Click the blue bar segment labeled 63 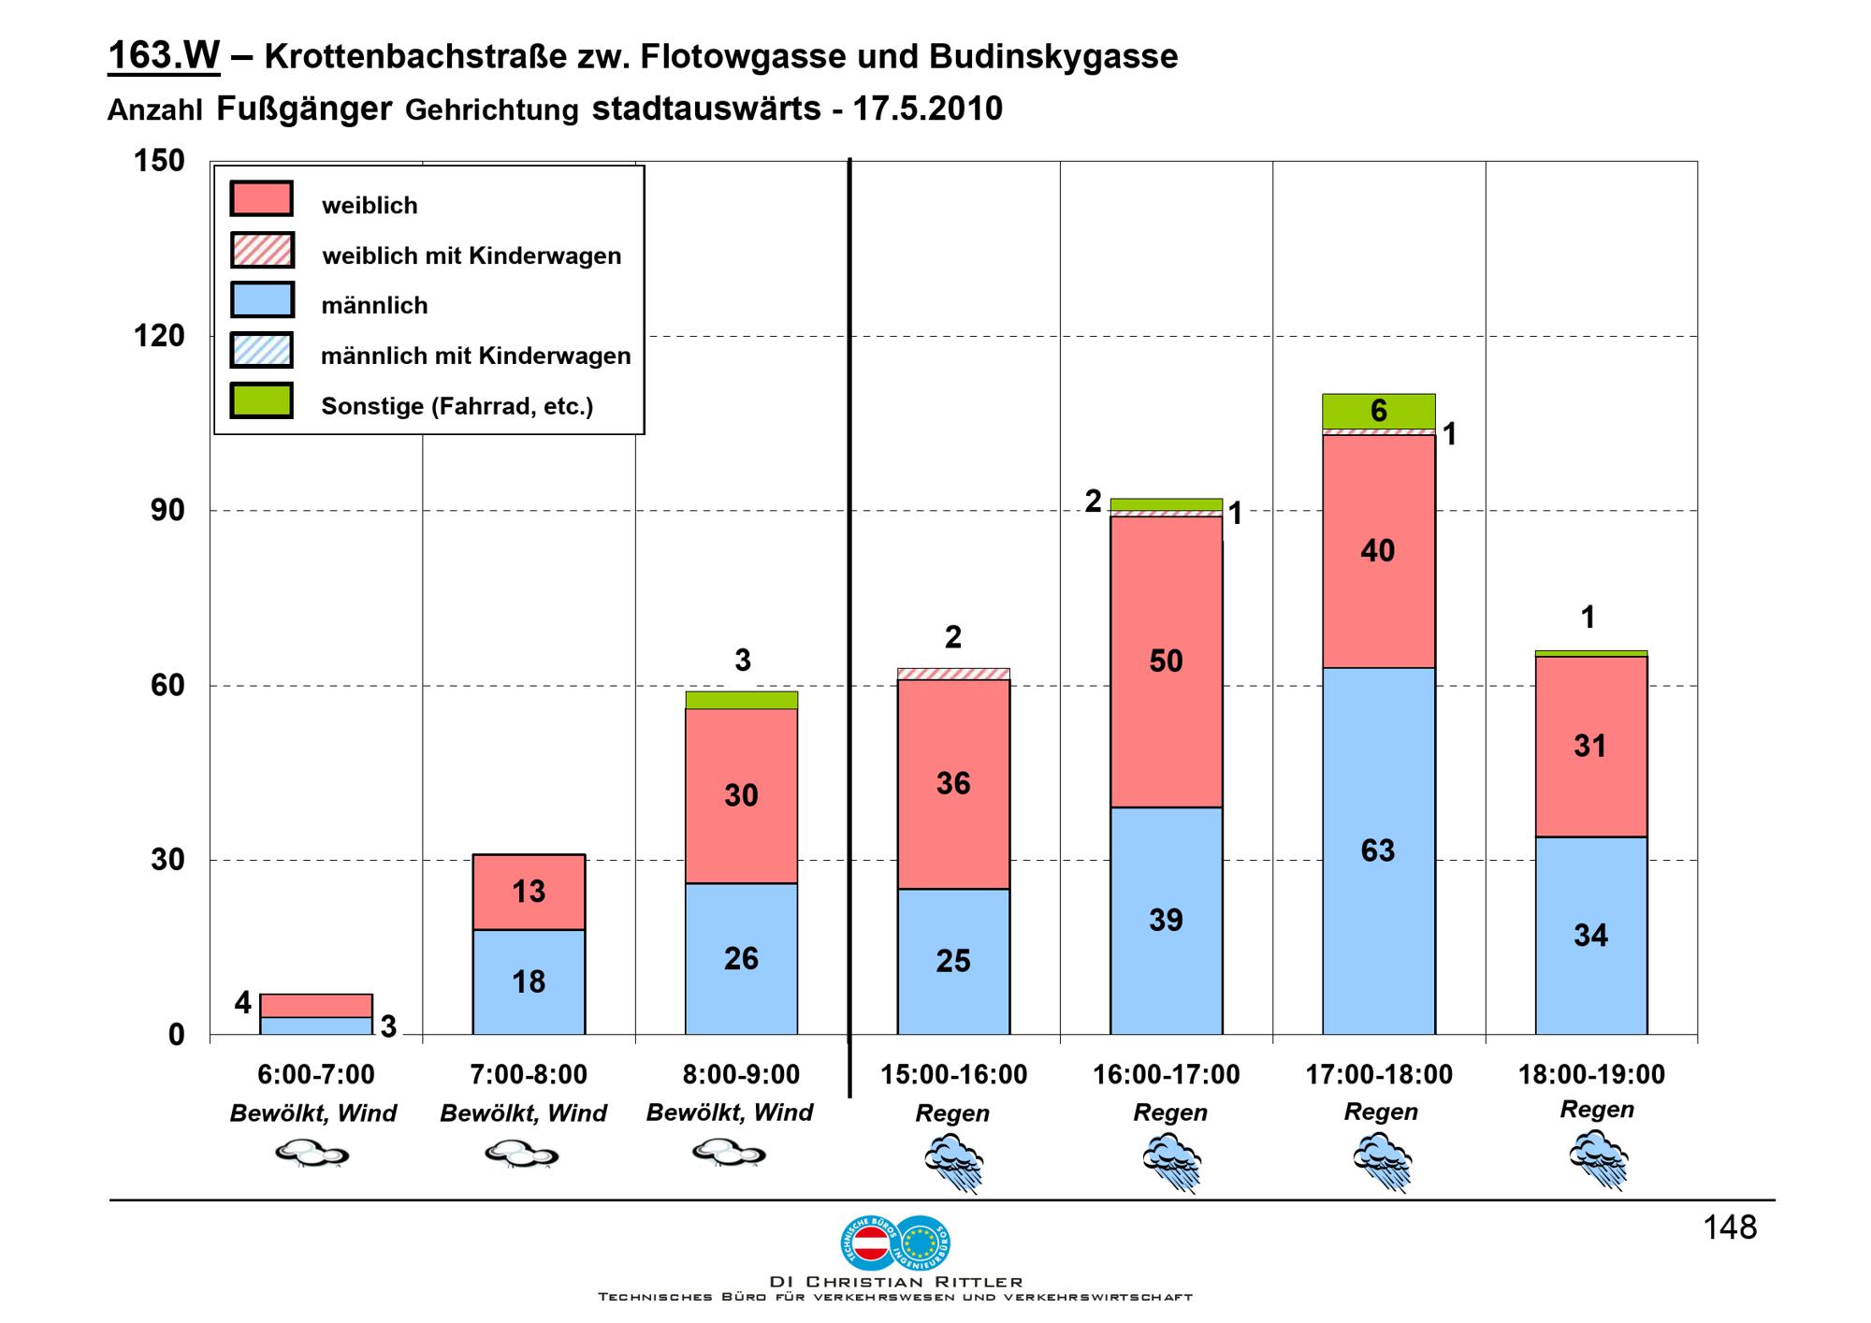[x=1379, y=850]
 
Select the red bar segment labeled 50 [x=1167, y=661]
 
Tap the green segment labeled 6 [x=1379, y=412]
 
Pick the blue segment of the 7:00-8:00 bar [x=529, y=981]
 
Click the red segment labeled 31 [x=1591, y=747]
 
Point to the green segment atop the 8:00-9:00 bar [x=742, y=700]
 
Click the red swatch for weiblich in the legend [x=262, y=199]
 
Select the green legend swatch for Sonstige [x=262, y=400]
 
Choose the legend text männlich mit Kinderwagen [x=476, y=356]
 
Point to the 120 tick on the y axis [x=159, y=336]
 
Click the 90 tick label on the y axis [x=167, y=511]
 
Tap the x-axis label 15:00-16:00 [x=954, y=1075]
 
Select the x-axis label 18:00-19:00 [x=1591, y=1075]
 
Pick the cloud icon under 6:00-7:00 [x=312, y=1155]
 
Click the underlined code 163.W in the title [x=164, y=56]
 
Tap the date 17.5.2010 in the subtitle [x=927, y=109]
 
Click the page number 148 [x=1730, y=1228]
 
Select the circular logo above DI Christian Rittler [x=895, y=1242]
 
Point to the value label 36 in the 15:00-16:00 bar [x=953, y=783]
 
